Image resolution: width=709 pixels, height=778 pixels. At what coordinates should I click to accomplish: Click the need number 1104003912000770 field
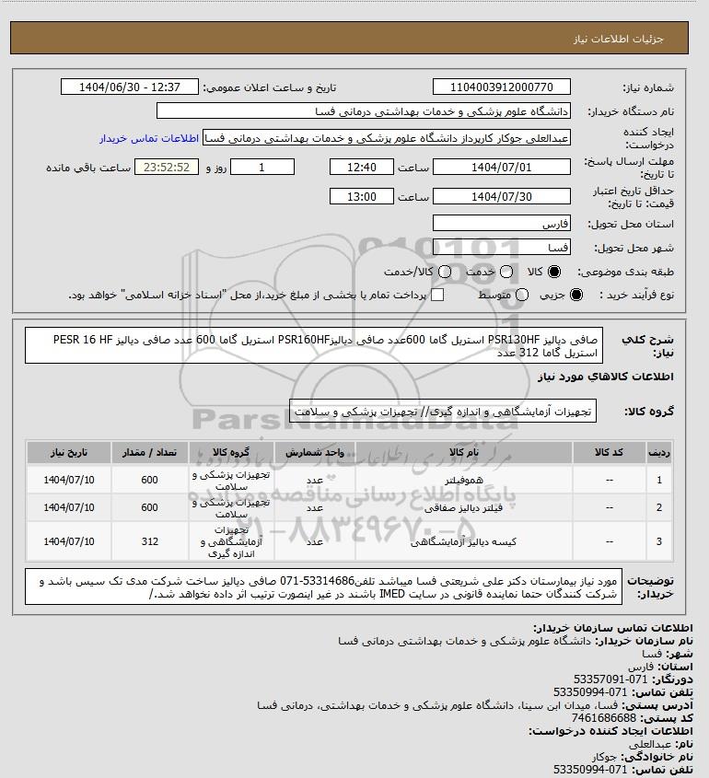point(503,87)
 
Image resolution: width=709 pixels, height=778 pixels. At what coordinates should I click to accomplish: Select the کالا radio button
point(554,273)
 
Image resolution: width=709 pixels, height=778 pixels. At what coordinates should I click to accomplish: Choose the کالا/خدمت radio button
point(446,273)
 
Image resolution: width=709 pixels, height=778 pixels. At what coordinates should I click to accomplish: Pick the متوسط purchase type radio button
point(523,295)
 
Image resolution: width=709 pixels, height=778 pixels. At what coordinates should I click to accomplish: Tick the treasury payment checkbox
point(437,295)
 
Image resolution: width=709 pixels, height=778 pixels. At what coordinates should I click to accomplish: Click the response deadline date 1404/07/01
point(503,168)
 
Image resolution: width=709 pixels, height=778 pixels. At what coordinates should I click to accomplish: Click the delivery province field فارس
point(503,224)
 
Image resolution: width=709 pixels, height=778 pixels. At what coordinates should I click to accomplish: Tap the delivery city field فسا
point(503,248)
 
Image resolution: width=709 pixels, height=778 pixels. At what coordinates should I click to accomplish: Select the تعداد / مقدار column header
point(150,452)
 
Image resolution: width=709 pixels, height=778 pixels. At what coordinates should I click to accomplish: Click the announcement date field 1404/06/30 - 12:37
point(129,87)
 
